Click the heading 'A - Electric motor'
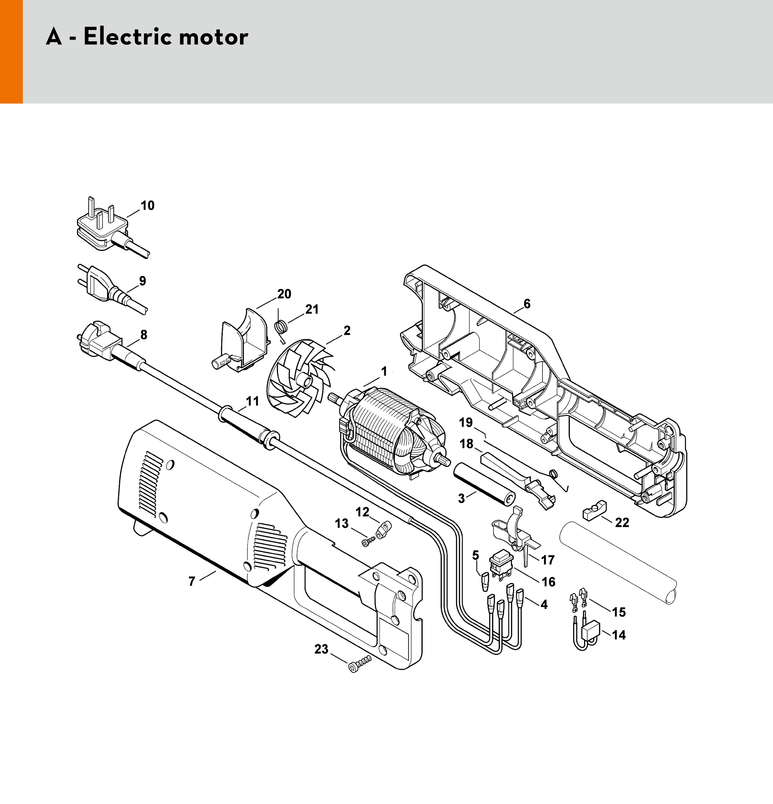tap(147, 37)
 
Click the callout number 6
tap(527, 304)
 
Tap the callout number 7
tap(192, 581)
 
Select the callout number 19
tap(466, 422)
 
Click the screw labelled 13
tap(367, 542)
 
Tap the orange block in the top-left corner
tap(11, 51)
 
